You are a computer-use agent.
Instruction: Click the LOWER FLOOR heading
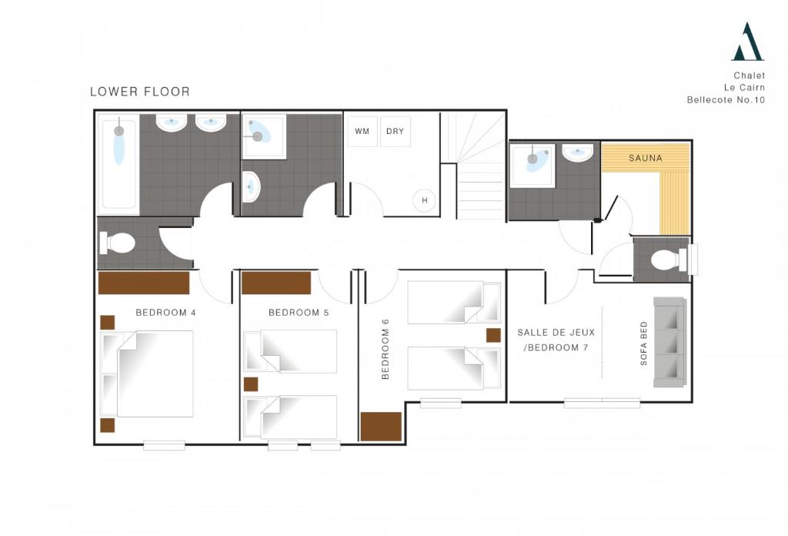[140, 92]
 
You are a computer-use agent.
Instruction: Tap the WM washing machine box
[362, 131]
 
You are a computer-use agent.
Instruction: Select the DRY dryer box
[395, 131]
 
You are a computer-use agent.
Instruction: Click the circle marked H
[424, 200]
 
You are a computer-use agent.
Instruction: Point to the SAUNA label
[646, 158]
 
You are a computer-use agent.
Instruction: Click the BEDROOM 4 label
[166, 312]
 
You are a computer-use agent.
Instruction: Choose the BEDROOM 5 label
[299, 312]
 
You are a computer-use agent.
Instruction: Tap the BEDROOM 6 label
[386, 349]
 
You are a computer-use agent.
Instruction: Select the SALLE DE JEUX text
[556, 333]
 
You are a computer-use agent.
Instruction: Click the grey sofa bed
[669, 342]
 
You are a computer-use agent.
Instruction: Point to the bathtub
[119, 162]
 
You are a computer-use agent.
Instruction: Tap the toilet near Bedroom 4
[117, 243]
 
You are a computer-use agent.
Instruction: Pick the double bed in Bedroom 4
[147, 374]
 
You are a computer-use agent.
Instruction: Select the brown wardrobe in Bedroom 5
[276, 283]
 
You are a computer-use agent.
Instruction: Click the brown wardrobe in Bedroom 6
[381, 427]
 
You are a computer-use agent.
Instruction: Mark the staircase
[473, 166]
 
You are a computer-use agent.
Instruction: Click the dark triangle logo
[748, 42]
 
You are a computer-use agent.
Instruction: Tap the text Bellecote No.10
[726, 99]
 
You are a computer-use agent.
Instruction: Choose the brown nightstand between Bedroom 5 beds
[251, 384]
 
